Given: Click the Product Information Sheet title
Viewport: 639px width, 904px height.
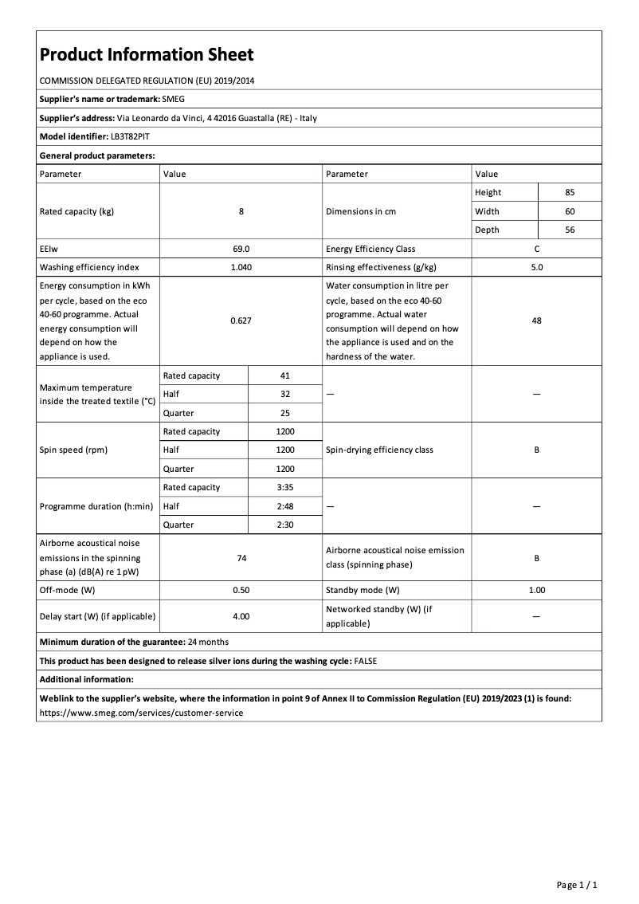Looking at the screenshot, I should tap(147, 55).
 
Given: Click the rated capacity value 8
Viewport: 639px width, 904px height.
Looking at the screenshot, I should tap(241, 211).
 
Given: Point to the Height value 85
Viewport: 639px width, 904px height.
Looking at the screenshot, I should tap(570, 193).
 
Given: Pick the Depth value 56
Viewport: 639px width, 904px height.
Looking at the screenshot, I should tap(570, 230).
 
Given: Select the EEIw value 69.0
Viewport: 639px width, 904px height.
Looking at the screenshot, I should tap(241, 249).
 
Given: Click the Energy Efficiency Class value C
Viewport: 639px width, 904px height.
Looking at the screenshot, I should tap(536, 249).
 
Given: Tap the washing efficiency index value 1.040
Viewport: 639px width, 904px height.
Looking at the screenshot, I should tap(241, 268).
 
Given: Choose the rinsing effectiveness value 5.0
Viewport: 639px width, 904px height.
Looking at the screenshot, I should tap(536, 268).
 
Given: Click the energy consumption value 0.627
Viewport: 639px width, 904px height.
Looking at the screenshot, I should tap(241, 320).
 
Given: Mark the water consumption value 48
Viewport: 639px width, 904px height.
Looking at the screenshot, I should tap(536, 320).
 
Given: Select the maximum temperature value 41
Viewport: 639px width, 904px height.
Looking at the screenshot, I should tap(285, 375).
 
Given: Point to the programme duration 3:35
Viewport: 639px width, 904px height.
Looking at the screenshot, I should tap(285, 487).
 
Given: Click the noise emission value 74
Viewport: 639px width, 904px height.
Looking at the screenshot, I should tap(241, 559).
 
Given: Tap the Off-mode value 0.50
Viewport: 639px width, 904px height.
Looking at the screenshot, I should tap(241, 591).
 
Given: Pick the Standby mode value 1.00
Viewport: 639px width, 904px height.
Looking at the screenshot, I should tap(536, 591).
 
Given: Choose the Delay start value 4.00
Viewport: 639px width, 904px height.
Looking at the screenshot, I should tap(241, 616).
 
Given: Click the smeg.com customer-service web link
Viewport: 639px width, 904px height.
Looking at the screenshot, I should tap(141, 713).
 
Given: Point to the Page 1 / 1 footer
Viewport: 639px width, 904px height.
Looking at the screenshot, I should tap(576, 885).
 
